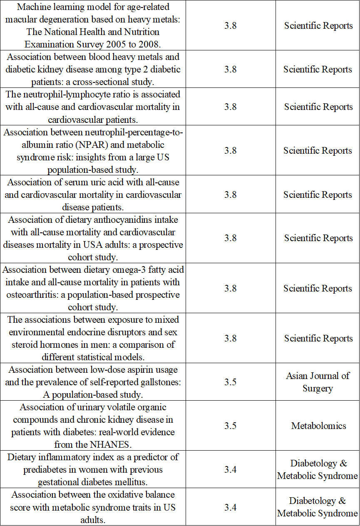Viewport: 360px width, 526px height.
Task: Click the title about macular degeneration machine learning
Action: coord(92,25)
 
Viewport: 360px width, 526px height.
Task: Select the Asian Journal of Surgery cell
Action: coord(318,382)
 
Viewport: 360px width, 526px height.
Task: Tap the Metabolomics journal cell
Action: coord(318,426)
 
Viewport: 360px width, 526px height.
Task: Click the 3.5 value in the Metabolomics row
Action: coord(230,426)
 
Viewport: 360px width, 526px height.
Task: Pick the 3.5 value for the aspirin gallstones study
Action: coord(230,382)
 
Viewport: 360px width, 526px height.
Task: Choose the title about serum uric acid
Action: coord(92,194)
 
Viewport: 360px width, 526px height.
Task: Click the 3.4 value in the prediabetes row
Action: coord(230,469)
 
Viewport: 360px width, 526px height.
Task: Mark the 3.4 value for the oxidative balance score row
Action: coord(230,507)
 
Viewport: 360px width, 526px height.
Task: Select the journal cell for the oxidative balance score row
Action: coord(318,507)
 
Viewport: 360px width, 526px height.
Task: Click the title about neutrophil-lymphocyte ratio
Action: coord(92,107)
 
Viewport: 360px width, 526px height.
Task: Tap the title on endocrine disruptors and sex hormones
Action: coord(92,338)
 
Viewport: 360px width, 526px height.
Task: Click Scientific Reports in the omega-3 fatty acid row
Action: coord(318,288)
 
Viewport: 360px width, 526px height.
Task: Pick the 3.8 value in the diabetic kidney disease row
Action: coord(230,70)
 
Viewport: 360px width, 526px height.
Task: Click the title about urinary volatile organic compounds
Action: coord(92,426)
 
